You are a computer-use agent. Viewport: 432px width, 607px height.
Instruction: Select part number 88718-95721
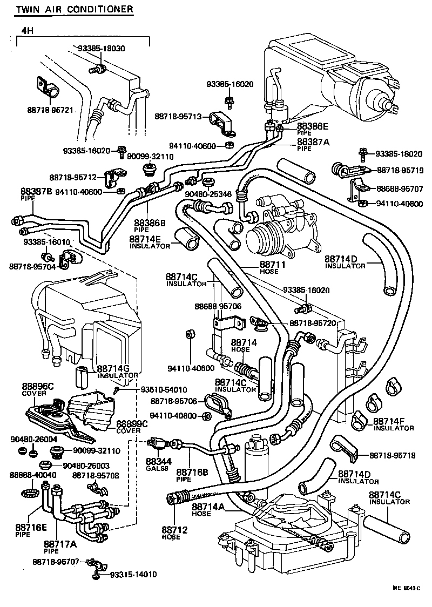pos(50,110)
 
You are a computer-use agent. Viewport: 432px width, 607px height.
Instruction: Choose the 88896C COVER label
pos(38,389)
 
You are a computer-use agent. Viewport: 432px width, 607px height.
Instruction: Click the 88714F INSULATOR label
pos(393,424)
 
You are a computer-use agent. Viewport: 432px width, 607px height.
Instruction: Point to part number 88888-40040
pos(33,475)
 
